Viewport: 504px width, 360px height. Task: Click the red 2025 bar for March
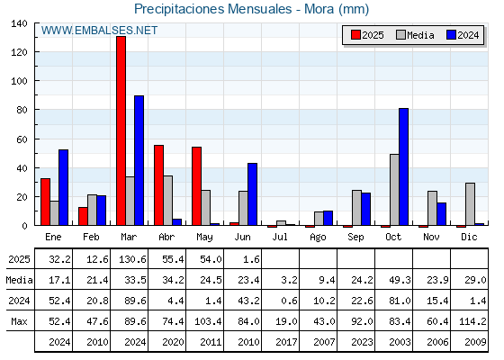121,130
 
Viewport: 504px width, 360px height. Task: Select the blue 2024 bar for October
404,166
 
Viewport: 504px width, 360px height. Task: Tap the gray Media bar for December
470,204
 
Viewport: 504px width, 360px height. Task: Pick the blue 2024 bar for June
252,194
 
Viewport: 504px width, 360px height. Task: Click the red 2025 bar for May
197,186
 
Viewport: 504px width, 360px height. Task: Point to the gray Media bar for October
394,190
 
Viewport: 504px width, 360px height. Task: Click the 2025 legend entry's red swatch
355,35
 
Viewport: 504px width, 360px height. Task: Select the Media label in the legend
420,35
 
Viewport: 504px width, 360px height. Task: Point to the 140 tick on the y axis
19,23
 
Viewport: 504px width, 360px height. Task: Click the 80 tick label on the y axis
22,110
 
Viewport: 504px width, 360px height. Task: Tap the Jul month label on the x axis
280,237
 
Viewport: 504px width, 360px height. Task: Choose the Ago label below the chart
318,238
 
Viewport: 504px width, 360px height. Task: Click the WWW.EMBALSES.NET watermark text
99,31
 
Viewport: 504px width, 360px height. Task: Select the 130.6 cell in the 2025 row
133,259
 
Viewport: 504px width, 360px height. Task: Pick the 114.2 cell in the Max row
472,321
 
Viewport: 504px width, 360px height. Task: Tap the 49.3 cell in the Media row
400,280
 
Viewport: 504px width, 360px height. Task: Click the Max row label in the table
19,321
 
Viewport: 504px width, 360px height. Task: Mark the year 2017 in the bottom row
286,342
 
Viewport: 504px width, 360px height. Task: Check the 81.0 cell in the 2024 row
400,301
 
